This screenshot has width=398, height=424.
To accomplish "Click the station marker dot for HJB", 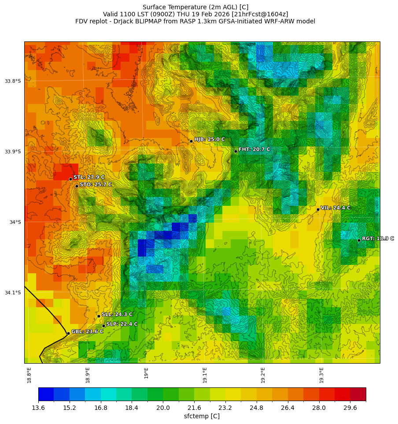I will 191,141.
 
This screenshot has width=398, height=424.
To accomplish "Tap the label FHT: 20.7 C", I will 254,149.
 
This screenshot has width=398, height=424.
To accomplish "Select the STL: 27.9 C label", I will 89,177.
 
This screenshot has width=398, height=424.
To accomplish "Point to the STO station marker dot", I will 77,186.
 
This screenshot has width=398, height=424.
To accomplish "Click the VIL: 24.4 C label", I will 335,208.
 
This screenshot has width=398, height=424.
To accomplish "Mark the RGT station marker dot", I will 359,240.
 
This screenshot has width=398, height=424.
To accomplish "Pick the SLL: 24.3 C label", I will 117,314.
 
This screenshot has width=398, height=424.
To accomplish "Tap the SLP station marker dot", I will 103,326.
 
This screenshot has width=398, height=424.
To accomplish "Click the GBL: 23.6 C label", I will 87,331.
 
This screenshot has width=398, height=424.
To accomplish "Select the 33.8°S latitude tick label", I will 13,81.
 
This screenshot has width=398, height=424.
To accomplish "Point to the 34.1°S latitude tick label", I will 13,293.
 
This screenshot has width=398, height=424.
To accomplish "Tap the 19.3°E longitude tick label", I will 321,375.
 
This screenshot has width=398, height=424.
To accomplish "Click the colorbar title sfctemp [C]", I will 202,416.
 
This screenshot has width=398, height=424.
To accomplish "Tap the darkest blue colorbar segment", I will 46,394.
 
